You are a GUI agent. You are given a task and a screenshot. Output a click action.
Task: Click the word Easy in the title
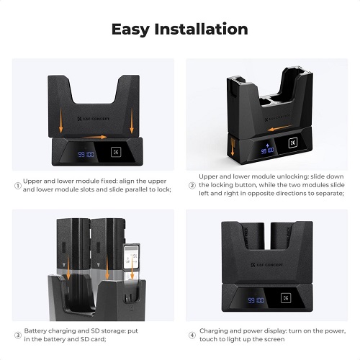click(x=130, y=30)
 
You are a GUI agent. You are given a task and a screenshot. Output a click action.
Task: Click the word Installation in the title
click(x=201, y=29)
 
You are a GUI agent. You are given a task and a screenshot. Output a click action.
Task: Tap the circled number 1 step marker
click(x=18, y=186)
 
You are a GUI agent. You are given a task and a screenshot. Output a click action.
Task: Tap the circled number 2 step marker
click(x=192, y=186)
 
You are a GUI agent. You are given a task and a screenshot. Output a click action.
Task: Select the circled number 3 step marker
click(x=18, y=336)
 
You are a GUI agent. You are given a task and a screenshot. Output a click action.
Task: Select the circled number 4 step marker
click(x=192, y=336)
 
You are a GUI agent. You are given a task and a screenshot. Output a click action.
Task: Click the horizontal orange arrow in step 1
click(x=94, y=137)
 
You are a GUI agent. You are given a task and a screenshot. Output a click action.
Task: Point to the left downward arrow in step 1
click(x=61, y=120)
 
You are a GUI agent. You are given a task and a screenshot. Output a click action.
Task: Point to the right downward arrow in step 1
click(x=132, y=120)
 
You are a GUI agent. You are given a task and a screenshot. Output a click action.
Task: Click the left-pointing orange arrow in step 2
click(x=279, y=128)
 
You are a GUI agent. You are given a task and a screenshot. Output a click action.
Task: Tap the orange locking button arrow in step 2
click(x=233, y=147)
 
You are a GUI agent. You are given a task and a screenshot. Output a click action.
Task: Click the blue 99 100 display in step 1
click(x=86, y=154)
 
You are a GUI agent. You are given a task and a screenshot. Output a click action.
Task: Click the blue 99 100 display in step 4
click(x=256, y=300)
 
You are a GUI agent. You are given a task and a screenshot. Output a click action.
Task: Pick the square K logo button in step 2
click(x=293, y=143)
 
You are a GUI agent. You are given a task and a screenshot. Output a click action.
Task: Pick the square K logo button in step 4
click(x=286, y=298)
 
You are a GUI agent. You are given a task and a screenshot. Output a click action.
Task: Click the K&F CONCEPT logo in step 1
click(x=94, y=119)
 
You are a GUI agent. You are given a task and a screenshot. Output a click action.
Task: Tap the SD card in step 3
click(x=132, y=257)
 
